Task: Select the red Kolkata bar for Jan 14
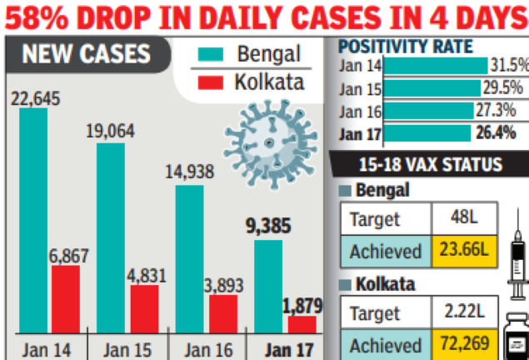[66, 300]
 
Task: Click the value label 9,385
[270, 226]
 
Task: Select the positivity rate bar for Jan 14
[437, 66]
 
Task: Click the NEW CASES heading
[87, 55]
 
